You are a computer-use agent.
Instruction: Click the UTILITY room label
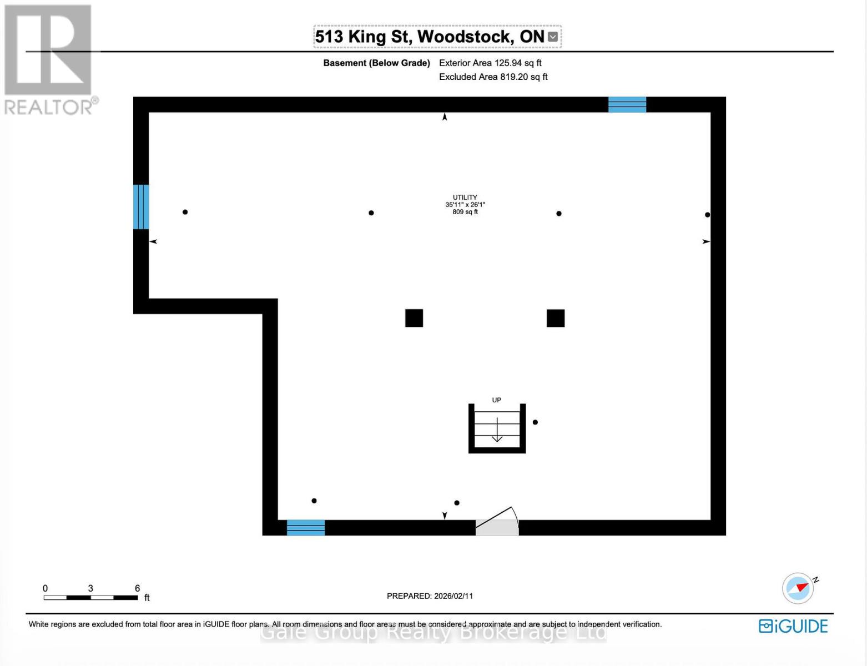pyautogui.click(x=465, y=198)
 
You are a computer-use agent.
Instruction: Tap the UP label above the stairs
pyautogui.click(x=496, y=400)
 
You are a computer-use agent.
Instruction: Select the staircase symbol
pyautogui.click(x=497, y=428)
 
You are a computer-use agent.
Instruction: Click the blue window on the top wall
pyautogui.click(x=627, y=104)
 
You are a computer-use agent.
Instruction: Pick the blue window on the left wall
pyautogui.click(x=141, y=206)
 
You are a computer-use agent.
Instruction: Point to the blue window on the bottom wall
pyautogui.click(x=305, y=527)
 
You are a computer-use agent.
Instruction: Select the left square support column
pyautogui.click(x=414, y=318)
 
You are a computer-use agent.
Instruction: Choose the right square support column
pyautogui.click(x=556, y=318)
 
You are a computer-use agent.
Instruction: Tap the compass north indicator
pyautogui.click(x=798, y=588)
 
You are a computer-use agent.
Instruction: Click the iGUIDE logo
pyautogui.click(x=793, y=626)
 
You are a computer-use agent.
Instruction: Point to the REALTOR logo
pyautogui.click(x=49, y=59)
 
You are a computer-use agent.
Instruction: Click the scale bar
pyautogui.click(x=91, y=597)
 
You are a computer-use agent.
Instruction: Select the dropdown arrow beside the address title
pyautogui.click(x=552, y=37)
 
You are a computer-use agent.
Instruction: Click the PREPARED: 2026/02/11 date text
pyautogui.click(x=430, y=596)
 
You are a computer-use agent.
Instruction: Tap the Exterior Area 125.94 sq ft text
pyautogui.click(x=490, y=63)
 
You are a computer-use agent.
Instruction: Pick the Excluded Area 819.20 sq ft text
pyautogui.click(x=493, y=77)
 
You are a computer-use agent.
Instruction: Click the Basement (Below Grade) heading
pyautogui.click(x=376, y=63)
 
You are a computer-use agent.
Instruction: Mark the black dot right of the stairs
pyautogui.click(x=535, y=422)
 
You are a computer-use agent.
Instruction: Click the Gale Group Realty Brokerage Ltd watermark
pyautogui.click(x=433, y=633)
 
